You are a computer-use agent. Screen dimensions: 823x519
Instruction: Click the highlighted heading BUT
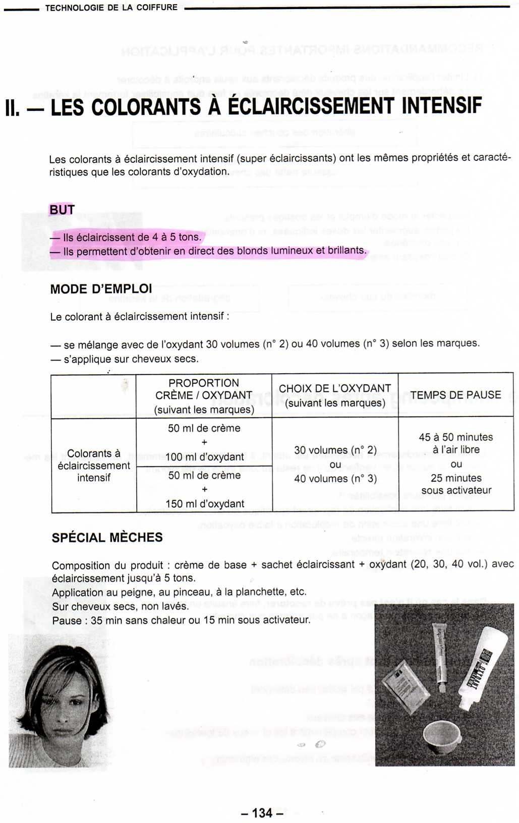(x=62, y=209)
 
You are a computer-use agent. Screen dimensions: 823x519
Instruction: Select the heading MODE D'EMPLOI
(x=101, y=289)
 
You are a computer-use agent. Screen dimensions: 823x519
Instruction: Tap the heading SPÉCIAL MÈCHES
(x=107, y=538)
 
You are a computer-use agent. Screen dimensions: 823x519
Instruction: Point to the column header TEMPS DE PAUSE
(x=455, y=395)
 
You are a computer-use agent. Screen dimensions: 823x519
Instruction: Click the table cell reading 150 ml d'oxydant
(x=205, y=503)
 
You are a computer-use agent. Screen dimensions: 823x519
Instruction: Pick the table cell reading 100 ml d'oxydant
(x=205, y=457)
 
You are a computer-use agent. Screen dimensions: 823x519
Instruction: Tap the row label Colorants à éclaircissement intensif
(x=94, y=465)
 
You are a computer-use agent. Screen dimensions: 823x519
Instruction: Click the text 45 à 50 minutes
(x=456, y=437)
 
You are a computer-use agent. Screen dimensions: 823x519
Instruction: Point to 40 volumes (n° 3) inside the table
(x=335, y=479)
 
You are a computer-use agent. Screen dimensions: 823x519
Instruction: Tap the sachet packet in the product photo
(x=406, y=686)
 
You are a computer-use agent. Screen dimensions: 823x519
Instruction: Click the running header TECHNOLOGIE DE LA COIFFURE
(x=111, y=8)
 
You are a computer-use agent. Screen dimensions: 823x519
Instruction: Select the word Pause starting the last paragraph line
(x=67, y=620)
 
